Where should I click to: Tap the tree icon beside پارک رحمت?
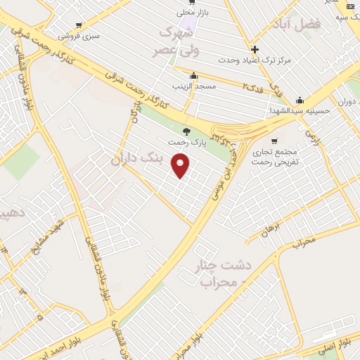click(x=186, y=131)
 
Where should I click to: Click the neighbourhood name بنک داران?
click(x=141, y=159)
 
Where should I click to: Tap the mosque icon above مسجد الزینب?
click(x=193, y=76)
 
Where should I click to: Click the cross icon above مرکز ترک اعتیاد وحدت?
click(x=255, y=49)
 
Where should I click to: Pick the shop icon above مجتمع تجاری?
click(x=274, y=140)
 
